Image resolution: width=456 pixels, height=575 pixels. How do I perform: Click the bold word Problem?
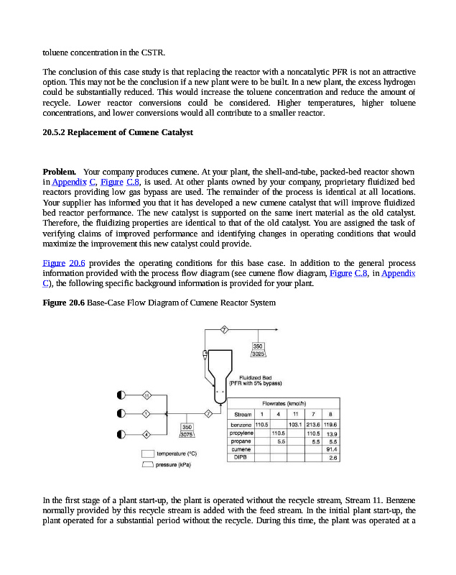click(x=60, y=172)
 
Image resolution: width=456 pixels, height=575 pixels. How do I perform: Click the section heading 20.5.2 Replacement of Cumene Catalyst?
click(x=118, y=133)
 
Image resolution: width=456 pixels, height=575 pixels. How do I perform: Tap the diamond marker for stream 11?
click(x=146, y=396)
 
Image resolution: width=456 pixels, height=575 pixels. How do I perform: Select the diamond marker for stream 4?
click(x=146, y=435)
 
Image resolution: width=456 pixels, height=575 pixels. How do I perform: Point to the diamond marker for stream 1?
click(x=146, y=414)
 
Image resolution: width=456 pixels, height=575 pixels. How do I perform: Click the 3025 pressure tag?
click(x=259, y=354)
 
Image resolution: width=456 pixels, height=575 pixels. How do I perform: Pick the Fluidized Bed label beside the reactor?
click(x=255, y=377)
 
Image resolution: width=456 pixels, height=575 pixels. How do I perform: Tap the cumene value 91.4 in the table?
click(x=331, y=449)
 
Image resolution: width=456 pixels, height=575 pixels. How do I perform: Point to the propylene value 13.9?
click(x=332, y=433)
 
